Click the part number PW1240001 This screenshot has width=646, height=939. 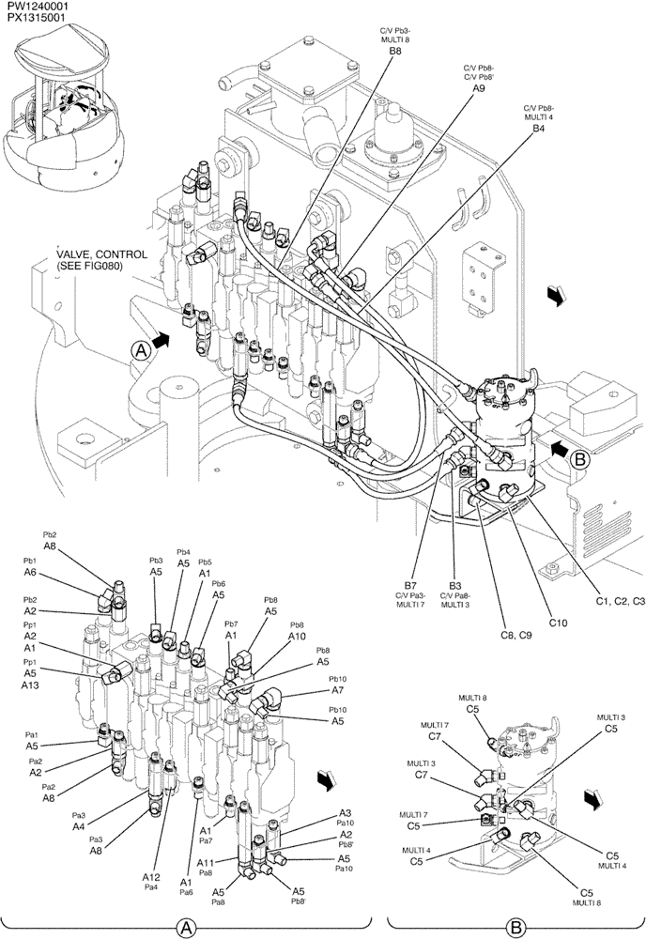click(35, 7)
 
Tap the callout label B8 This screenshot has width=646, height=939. click(395, 54)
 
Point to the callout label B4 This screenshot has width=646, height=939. click(538, 128)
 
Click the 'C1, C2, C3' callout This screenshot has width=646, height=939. click(613, 600)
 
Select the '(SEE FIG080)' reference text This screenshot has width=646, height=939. click(89, 267)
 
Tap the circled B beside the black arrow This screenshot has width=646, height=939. click(579, 459)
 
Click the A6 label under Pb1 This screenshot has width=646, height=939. click(30, 572)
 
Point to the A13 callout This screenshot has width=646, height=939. click(30, 685)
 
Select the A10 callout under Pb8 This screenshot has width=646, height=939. click(298, 636)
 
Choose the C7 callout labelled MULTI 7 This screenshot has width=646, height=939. click(435, 737)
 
